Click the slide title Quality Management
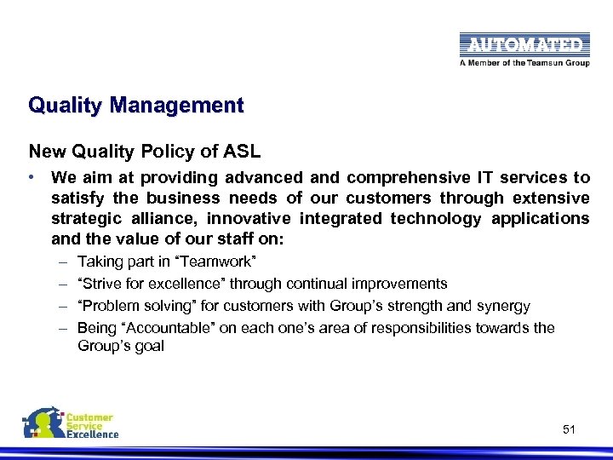135,106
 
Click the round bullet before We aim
32,177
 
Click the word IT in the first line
484,178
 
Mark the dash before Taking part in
64,261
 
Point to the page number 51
569,430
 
